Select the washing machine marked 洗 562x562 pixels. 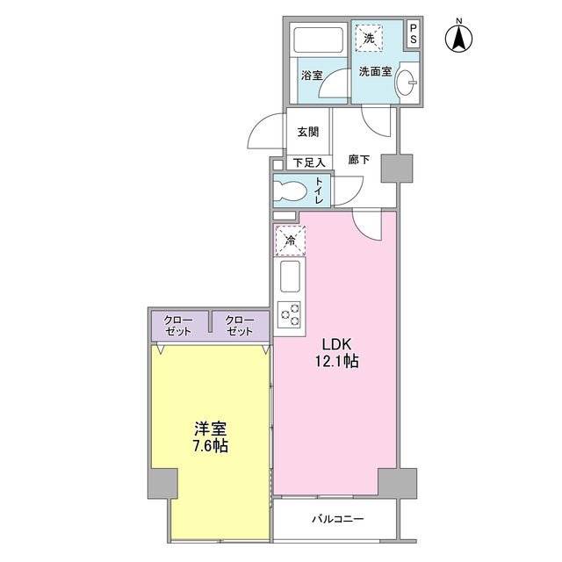370,37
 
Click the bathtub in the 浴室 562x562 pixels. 319,41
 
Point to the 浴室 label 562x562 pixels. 311,76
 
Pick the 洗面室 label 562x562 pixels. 374,74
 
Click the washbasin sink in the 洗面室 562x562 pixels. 407,84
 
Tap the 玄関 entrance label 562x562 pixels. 307,132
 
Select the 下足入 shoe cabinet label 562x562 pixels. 309,162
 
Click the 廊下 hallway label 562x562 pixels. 358,160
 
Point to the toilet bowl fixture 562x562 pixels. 288,190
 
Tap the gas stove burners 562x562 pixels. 290,313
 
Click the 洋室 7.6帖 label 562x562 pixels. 211,438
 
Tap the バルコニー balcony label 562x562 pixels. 337,519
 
